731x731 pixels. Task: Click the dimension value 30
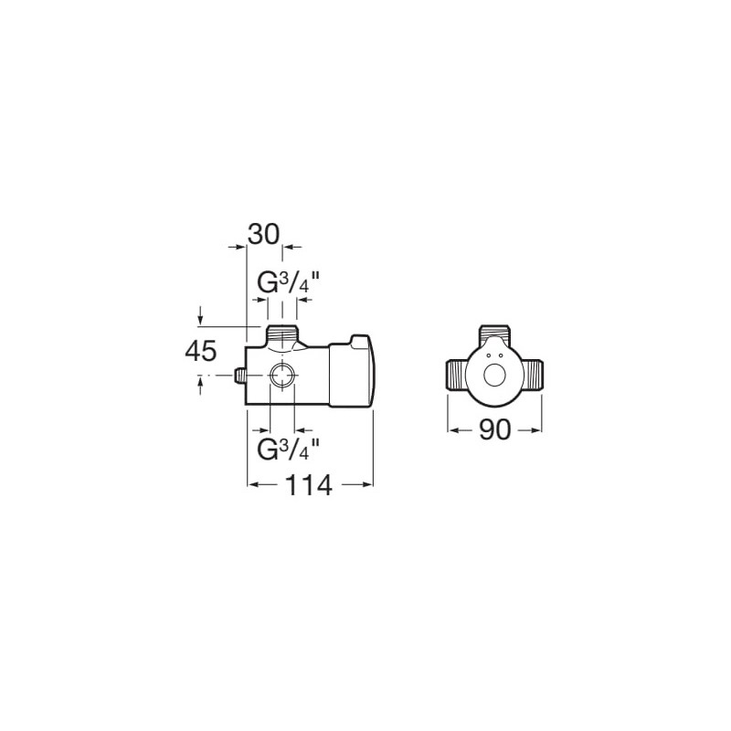coord(263,234)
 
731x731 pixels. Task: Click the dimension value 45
coord(201,351)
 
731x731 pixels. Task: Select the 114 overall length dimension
coord(309,485)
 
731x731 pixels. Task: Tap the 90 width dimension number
coord(494,429)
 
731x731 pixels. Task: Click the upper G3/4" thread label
coord(289,283)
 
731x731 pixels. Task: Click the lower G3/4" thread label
coord(289,449)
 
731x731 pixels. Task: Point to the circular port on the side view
coord(282,375)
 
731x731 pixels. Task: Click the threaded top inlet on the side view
coord(282,334)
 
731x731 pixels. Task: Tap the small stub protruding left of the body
coord(239,376)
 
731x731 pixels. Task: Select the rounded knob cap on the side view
coord(353,372)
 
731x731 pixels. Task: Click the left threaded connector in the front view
coord(458,375)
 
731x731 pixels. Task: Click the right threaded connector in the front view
coord(532,375)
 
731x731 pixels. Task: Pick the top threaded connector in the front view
coord(495,334)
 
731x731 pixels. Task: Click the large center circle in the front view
coord(494,376)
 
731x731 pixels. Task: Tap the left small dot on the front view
coord(488,355)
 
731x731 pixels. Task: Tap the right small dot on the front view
coord(501,355)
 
